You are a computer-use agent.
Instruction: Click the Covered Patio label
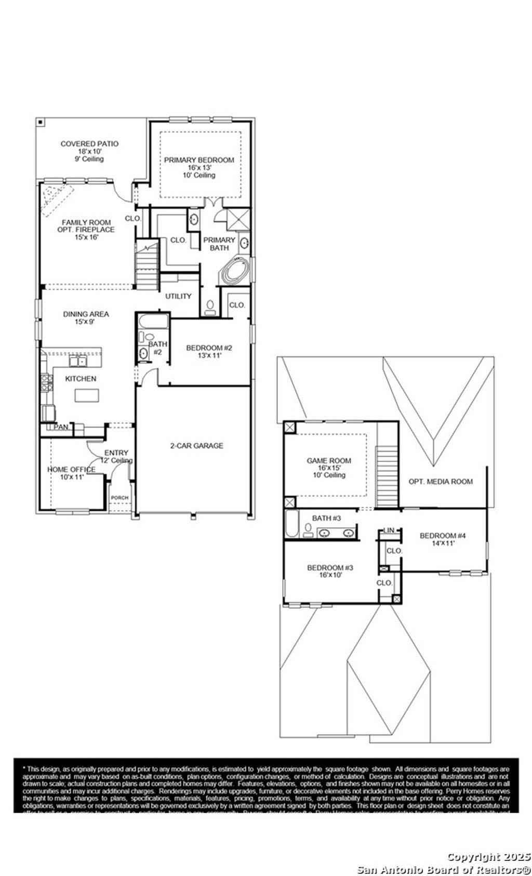89,151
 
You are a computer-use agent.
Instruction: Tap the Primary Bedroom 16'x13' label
199,167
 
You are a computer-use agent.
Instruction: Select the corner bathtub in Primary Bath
235,270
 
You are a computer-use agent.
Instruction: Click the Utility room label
178,296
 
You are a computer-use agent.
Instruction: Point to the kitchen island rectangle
86,395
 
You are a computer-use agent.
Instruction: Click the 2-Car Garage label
196,445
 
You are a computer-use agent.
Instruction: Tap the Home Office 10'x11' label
72,473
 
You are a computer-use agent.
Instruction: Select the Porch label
119,498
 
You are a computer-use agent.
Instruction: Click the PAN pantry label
61,427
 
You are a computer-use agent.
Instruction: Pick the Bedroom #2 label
209,351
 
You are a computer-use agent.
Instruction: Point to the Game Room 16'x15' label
329,467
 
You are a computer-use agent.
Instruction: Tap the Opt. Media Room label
441,481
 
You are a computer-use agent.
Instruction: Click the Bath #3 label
326,518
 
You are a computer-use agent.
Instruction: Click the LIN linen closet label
389,530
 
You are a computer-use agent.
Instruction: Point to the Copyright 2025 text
489,857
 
